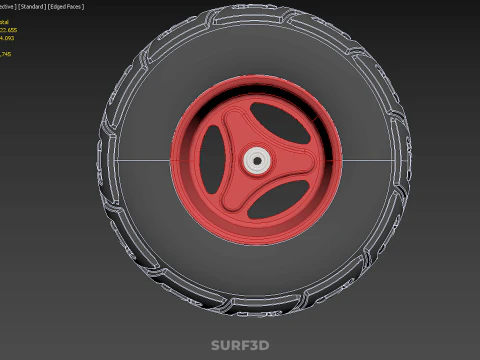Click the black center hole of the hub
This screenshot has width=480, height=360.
[257, 159]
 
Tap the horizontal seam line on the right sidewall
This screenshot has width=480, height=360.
[370, 160]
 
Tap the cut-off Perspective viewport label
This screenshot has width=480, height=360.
[9, 7]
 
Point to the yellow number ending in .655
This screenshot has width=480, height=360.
[9, 29]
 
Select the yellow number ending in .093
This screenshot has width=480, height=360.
[9, 38]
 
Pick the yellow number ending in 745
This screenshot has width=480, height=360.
[7, 53]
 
